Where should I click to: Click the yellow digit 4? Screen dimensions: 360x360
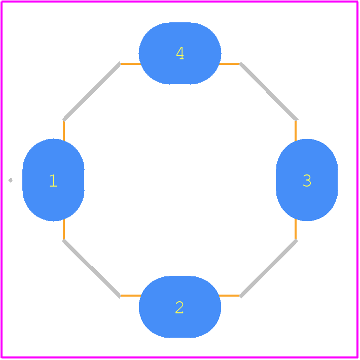180,53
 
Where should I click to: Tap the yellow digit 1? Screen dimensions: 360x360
53,181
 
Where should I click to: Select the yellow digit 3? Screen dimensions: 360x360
307,181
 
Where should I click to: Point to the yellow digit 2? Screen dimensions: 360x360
179,307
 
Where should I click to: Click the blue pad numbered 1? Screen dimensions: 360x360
53,180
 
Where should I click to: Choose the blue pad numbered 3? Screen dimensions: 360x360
307,180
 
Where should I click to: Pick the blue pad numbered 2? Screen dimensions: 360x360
180,307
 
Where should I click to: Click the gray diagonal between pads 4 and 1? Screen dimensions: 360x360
92,91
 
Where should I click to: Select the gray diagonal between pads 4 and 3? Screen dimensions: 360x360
269,91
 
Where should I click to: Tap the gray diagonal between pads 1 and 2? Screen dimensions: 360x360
92,269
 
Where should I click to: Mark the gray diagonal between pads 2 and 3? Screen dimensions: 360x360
269,269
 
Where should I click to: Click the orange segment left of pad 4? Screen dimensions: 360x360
130,64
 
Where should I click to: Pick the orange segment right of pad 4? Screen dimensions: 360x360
230,64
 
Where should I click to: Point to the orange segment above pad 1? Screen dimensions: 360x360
64,130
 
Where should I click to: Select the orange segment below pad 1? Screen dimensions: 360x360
64,230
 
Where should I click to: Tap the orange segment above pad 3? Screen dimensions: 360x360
296,130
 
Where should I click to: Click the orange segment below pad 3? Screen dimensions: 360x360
296,230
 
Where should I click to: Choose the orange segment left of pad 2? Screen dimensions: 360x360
130,296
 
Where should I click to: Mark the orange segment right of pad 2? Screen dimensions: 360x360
230,296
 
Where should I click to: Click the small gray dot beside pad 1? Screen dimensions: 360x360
11,180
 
